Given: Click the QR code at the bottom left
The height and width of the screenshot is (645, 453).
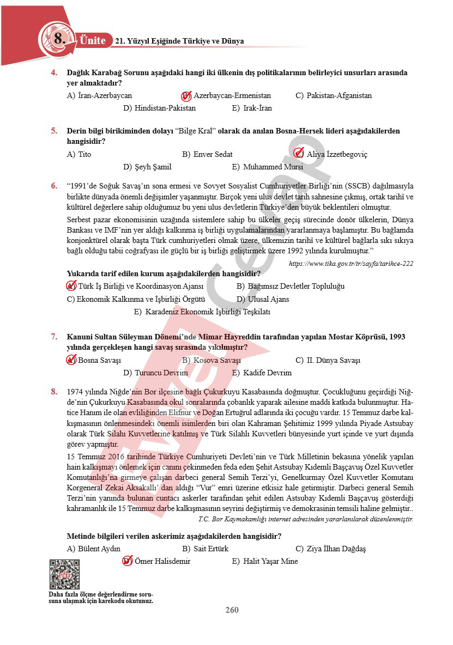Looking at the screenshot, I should pyautogui.click(x=64, y=574).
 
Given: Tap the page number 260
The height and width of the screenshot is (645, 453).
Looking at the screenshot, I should pyautogui.click(x=232, y=610).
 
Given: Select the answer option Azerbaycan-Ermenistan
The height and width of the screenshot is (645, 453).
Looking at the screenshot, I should pyautogui.click(x=232, y=95).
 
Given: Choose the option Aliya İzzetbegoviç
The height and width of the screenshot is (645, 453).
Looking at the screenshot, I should pyautogui.click(x=336, y=154).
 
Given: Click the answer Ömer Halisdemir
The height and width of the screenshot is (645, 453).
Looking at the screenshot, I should pyautogui.click(x=162, y=561).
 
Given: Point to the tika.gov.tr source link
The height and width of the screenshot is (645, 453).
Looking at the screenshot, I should pyautogui.click(x=351, y=264).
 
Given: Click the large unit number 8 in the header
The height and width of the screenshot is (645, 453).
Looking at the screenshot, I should pyautogui.click(x=59, y=39).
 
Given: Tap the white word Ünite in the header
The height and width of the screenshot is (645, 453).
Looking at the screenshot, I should pyautogui.click(x=93, y=40).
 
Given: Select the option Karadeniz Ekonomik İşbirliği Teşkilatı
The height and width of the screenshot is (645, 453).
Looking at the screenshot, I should pyautogui.click(x=207, y=312).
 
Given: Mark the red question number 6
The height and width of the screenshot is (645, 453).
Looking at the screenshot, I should pyautogui.click(x=54, y=185).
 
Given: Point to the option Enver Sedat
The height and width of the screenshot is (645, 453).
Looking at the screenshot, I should pyautogui.click(x=213, y=154).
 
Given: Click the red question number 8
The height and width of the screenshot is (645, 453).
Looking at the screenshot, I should pyautogui.click(x=54, y=391).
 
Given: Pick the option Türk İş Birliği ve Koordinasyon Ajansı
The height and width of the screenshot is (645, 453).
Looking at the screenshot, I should pyautogui.click(x=141, y=286).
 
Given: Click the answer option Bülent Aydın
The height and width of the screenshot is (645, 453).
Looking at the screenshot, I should pyautogui.click(x=99, y=549).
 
